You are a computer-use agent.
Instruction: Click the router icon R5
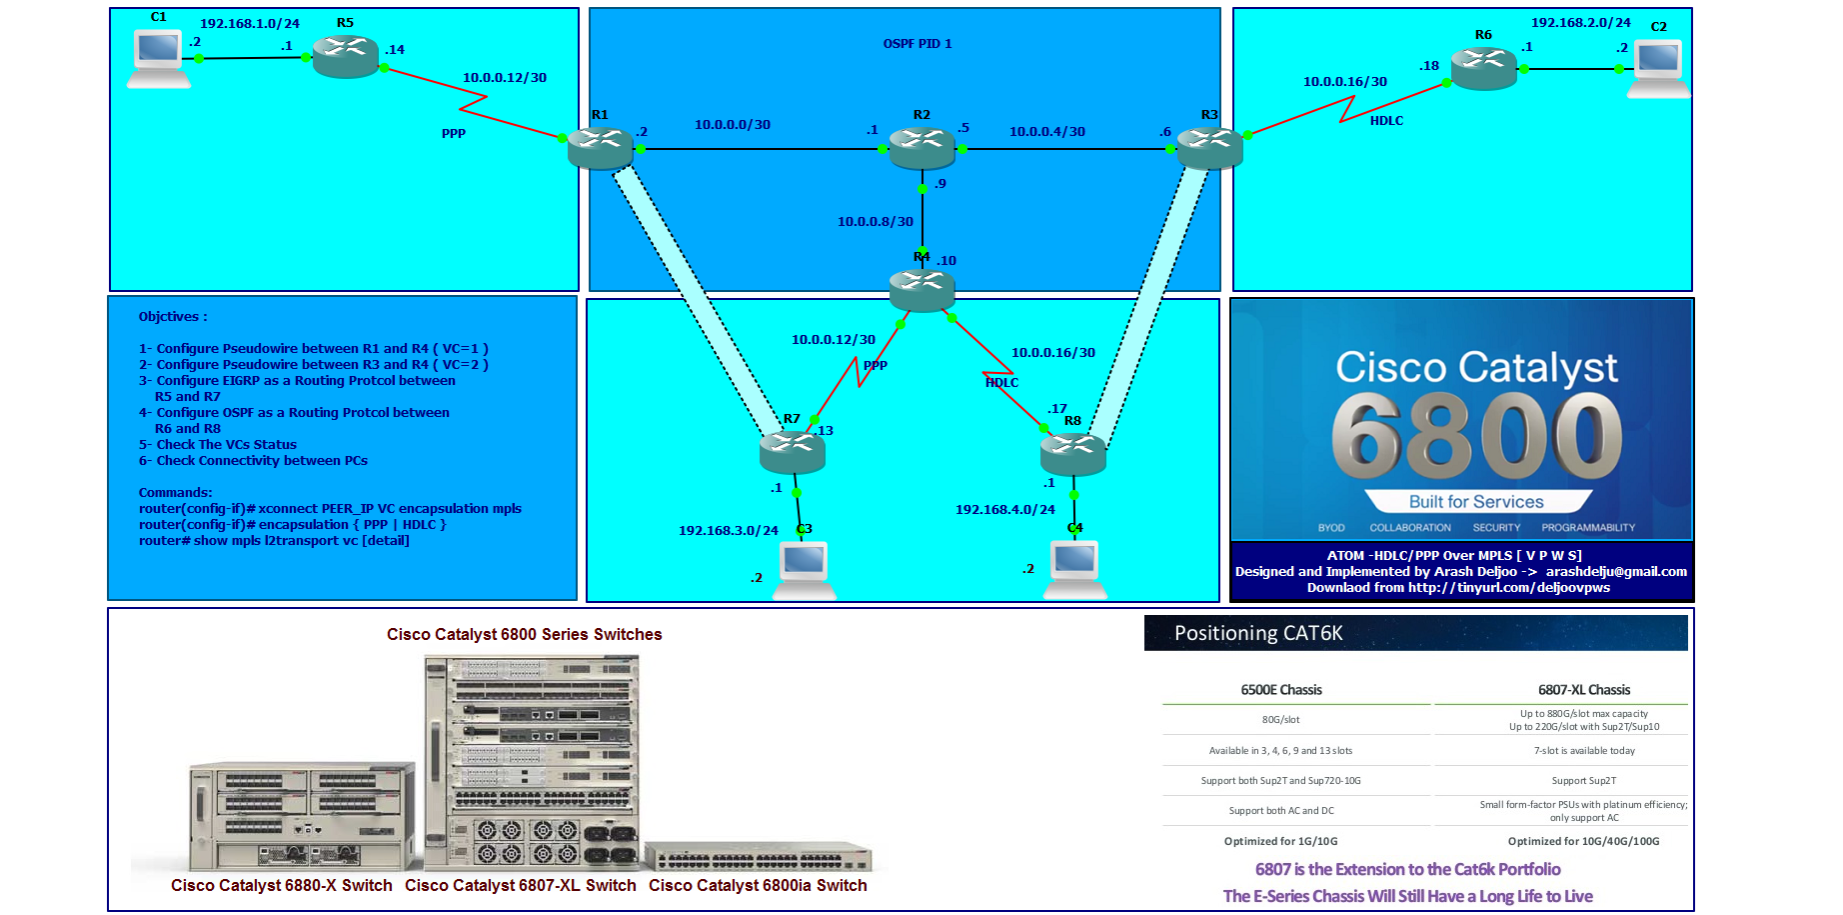pos(346,56)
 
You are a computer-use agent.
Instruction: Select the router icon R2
pos(921,148)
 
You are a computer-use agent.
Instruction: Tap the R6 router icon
pos(1483,68)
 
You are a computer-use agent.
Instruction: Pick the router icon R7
pos(792,452)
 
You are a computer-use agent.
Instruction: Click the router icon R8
pos(1072,455)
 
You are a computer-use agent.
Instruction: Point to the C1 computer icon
pos(159,58)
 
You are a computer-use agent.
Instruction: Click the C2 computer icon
pos(1658,68)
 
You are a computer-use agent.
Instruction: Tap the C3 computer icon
pos(805,568)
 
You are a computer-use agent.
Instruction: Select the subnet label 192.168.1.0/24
pos(250,23)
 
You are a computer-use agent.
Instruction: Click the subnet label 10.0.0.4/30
pos(1046,131)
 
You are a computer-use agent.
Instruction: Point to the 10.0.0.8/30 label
pos(875,221)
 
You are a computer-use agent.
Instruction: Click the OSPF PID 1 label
pos(917,44)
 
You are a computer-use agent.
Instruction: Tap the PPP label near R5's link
pos(453,133)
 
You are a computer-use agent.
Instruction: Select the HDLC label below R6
pos(1385,121)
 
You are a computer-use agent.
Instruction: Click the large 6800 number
pos(1476,436)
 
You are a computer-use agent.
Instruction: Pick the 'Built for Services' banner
pos(1476,502)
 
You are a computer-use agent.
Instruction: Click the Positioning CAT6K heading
pos(1258,633)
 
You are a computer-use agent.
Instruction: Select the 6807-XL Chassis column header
pos(1583,690)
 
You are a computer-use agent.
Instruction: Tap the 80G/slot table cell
pos(1280,719)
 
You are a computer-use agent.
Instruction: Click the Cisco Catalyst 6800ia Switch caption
pos(758,885)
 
